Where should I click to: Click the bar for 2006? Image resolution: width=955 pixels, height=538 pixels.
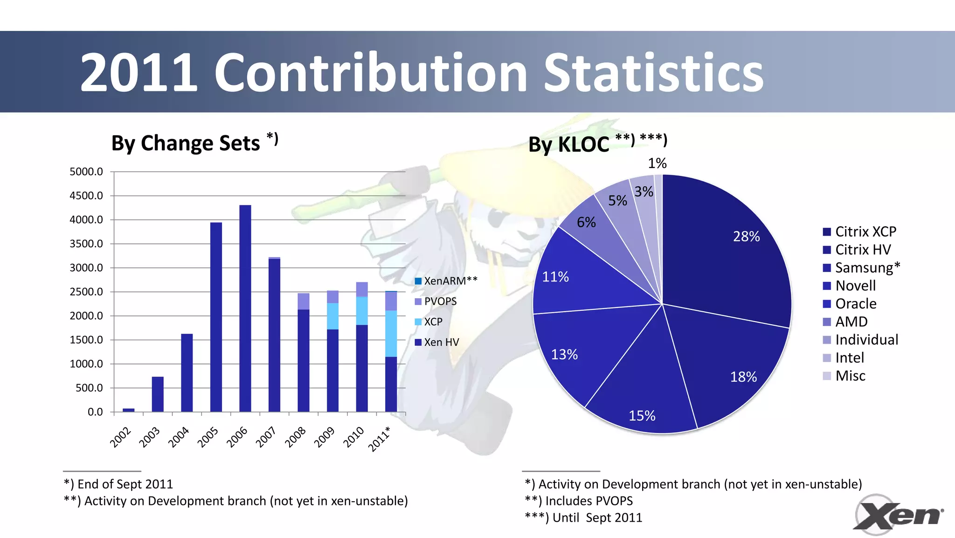point(245,308)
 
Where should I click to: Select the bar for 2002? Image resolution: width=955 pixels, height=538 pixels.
point(129,410)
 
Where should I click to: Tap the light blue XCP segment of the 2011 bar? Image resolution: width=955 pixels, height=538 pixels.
point(391,333)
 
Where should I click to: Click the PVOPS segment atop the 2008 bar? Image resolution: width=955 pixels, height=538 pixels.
point(304,301)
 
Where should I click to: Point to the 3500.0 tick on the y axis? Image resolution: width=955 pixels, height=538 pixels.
point(86,244)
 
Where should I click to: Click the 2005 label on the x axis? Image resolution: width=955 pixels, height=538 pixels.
point(208,437)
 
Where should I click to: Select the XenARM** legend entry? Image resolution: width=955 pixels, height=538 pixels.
point(446,281)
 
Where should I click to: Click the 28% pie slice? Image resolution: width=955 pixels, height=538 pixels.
point(727,252)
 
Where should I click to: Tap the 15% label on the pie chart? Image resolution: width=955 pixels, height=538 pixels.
point(642,416)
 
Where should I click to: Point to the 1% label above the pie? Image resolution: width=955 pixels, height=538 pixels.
point(657,163)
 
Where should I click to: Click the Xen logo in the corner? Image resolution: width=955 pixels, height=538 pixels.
point(898,515)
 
